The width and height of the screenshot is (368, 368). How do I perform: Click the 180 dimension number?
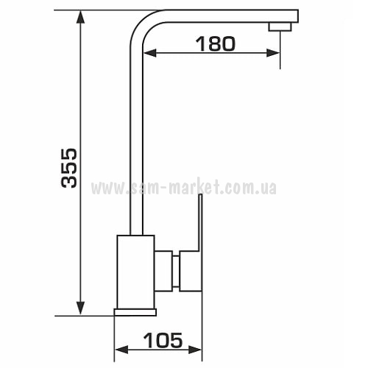216,44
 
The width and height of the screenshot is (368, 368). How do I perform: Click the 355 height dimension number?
69,168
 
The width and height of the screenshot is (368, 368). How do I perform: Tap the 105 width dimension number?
163,340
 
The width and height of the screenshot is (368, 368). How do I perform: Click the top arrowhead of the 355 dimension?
80,17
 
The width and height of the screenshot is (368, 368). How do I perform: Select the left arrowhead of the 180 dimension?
149,53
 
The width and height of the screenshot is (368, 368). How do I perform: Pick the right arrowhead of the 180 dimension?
273,53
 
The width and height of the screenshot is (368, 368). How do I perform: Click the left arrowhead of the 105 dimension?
121,350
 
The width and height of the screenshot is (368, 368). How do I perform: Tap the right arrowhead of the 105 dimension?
195,350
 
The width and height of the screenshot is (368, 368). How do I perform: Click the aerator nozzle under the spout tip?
280,26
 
